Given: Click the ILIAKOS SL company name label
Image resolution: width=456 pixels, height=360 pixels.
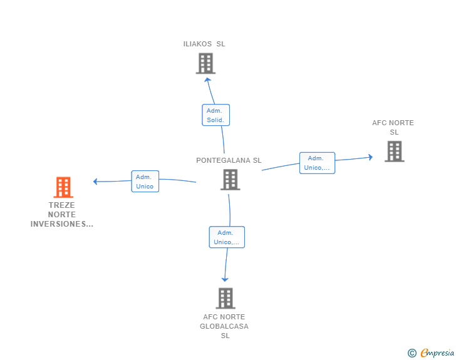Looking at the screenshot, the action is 204,44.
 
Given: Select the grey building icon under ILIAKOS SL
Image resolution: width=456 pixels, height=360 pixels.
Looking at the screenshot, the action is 205,63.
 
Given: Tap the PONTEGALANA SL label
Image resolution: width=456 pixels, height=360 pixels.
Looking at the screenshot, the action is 229,160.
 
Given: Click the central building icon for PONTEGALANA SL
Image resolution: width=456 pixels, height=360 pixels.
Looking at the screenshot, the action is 231,180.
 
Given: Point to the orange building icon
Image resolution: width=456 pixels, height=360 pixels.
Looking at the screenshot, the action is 63,187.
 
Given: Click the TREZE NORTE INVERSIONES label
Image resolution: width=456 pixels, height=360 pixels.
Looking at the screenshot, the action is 62,215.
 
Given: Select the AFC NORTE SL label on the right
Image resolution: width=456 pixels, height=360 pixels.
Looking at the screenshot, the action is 393,127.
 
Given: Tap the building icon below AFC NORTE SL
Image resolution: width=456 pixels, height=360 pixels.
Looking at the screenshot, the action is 395,152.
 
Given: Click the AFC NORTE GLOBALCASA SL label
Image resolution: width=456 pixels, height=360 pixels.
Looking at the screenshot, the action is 224,326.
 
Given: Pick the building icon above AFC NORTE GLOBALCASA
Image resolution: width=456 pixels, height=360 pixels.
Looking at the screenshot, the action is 225,299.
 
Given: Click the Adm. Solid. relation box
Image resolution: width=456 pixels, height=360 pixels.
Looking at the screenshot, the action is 215,115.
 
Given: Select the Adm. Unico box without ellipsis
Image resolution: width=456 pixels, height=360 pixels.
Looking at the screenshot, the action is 145,182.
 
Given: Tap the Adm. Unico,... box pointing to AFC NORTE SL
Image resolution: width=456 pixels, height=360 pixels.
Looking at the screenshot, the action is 318,163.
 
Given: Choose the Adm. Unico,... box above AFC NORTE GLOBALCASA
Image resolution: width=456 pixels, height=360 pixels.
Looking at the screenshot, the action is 227,237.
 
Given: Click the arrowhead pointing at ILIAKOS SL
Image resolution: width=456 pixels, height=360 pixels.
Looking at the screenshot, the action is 207,80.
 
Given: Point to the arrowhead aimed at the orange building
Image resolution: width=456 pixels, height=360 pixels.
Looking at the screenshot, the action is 95,182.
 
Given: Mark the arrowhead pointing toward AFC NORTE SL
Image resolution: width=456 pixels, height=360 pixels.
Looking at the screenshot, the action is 371,157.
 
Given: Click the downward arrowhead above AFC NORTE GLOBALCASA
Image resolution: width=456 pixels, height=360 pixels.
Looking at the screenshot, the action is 225,279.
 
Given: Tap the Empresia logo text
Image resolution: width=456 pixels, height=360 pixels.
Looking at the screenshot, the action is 437,353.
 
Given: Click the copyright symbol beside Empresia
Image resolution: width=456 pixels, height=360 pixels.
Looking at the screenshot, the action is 412,353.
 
